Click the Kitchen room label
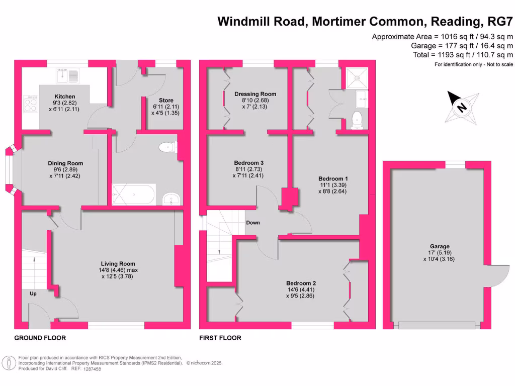pyautogui.click(x=65, y=96)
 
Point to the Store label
pyautogui.click(x=165, y=100)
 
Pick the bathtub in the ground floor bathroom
pyautogui.click(x=133, y=194)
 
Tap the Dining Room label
pyautogui.click(x=65, y=163)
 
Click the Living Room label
pyautogui.click(x=118, y=264)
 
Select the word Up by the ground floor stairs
pyautogui.click(x=33, y=294)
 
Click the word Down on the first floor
pyautogui.click(x=253, y=223)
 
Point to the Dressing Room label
pyautogui.click(x=255, y=94)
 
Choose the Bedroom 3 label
pyautogui.click(x=249, y=163)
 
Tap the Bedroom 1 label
pyautogui.click(x=333, y=178)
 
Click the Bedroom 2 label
pyautogui.click(x=301, y=283)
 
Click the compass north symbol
pyautogui.click(x=461, y=107)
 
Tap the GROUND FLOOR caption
pyautogui.click(x=40, y=338)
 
